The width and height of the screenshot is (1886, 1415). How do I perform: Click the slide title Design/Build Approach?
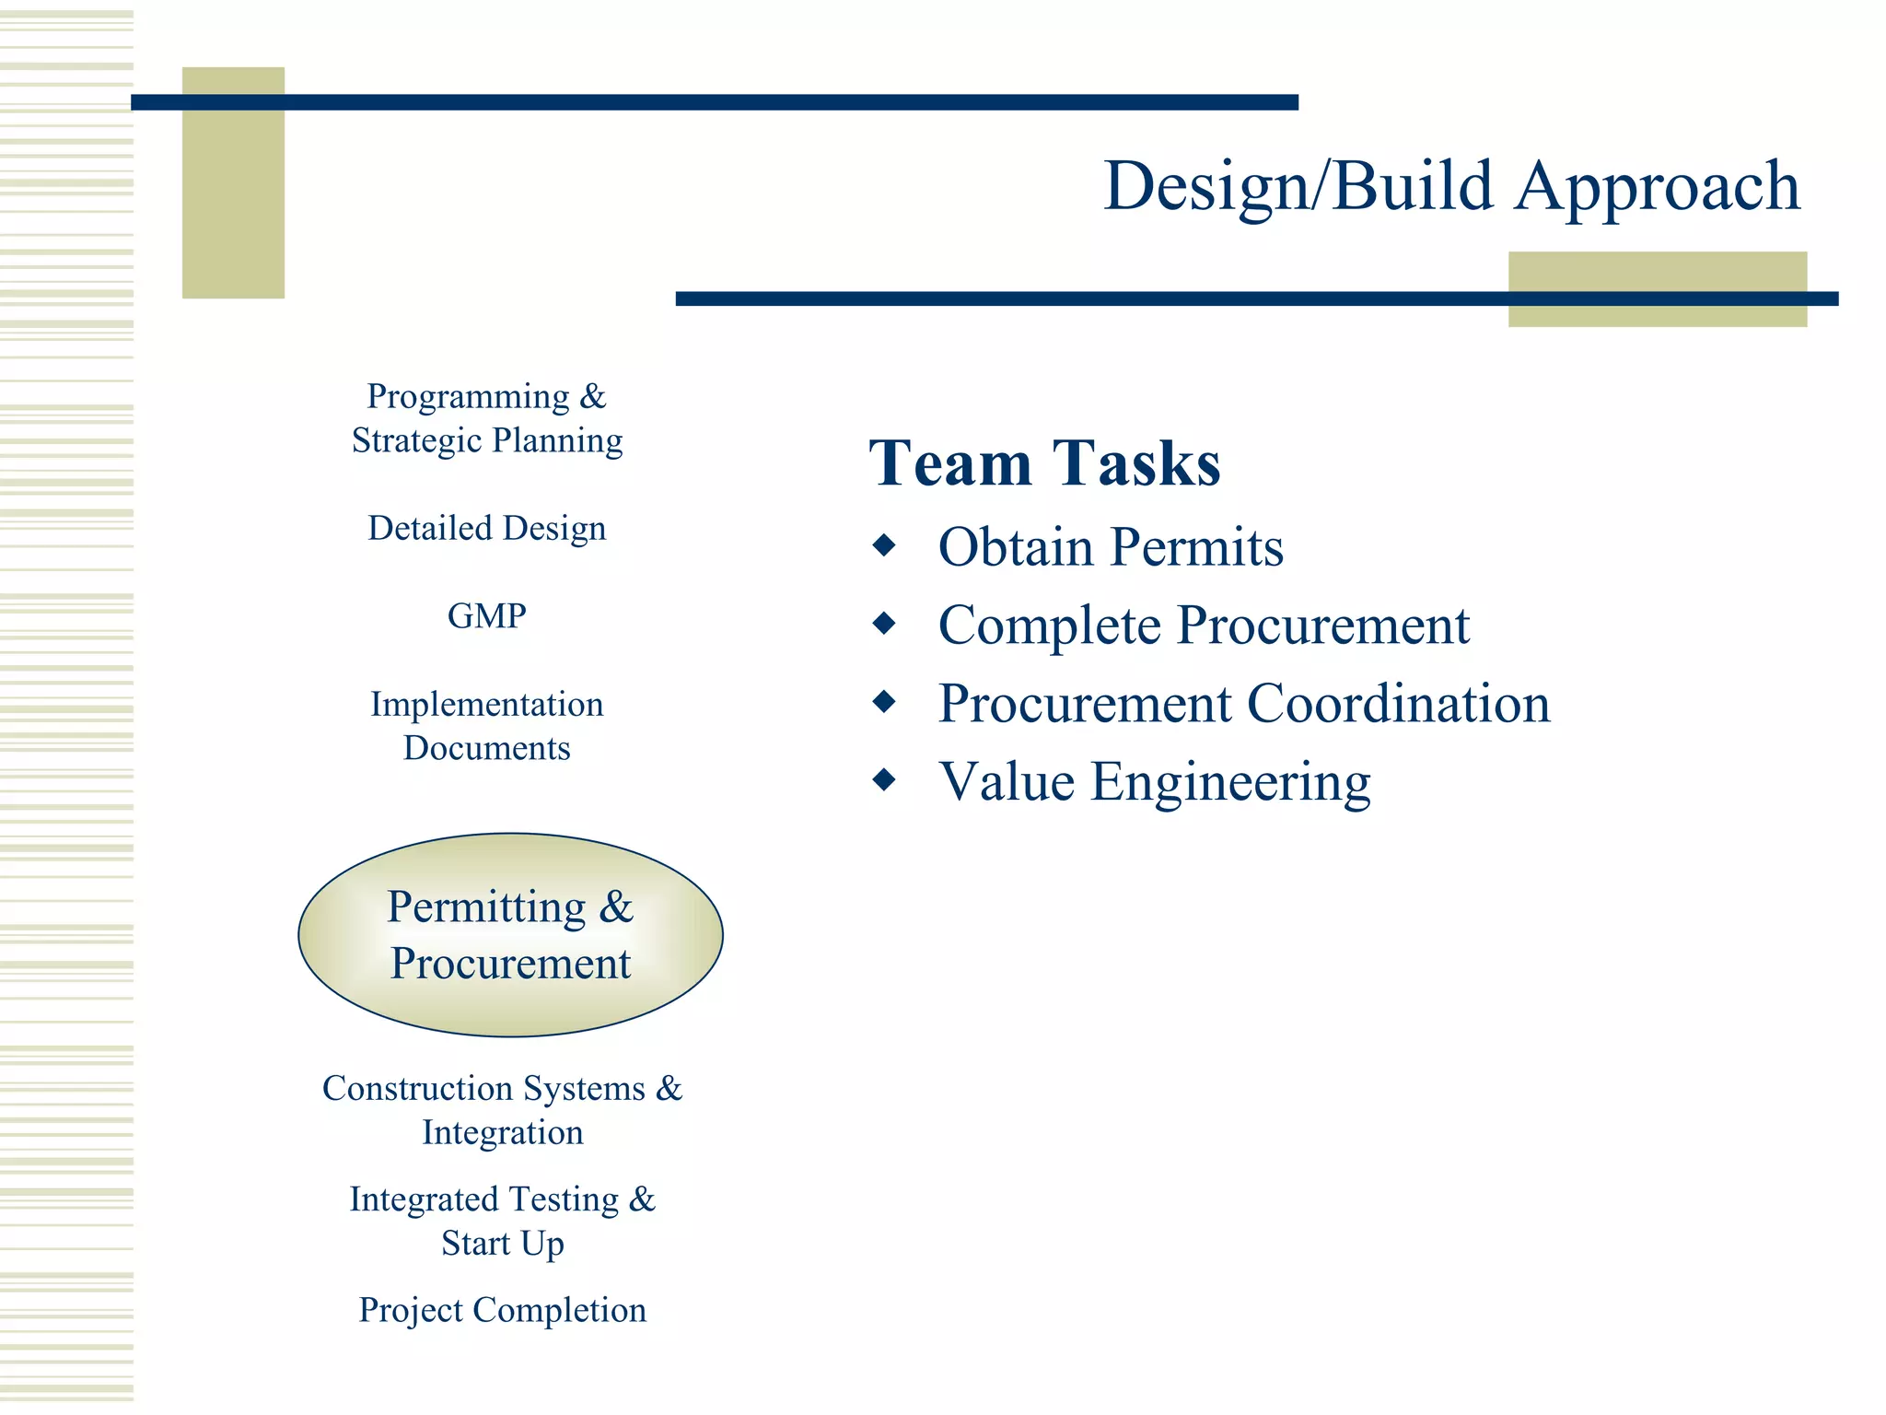tap(1450, 186)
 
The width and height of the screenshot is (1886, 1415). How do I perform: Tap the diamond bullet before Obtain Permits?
tap(884, 545)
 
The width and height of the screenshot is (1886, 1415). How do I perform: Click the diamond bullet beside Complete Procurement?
tap(884, 624)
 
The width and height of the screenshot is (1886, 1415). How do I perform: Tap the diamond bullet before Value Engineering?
tap(884, 780)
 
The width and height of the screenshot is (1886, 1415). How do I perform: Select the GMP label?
tap(486, 615)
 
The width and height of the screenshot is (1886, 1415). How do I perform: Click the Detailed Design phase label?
tap(486, 528)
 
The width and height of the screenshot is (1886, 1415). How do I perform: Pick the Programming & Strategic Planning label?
tap(486, 418)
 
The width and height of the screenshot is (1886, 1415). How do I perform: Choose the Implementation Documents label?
tap(486, 726)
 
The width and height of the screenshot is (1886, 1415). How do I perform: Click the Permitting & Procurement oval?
tap(510, 935)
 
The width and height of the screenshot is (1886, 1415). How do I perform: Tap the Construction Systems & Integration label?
tap(502, 1110)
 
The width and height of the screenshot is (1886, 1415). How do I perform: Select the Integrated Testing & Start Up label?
tap(502, 1221)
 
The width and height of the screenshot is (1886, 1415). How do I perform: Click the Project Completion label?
tap(502, 1310)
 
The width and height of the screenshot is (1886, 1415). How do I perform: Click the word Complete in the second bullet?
tap(1050, 626)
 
